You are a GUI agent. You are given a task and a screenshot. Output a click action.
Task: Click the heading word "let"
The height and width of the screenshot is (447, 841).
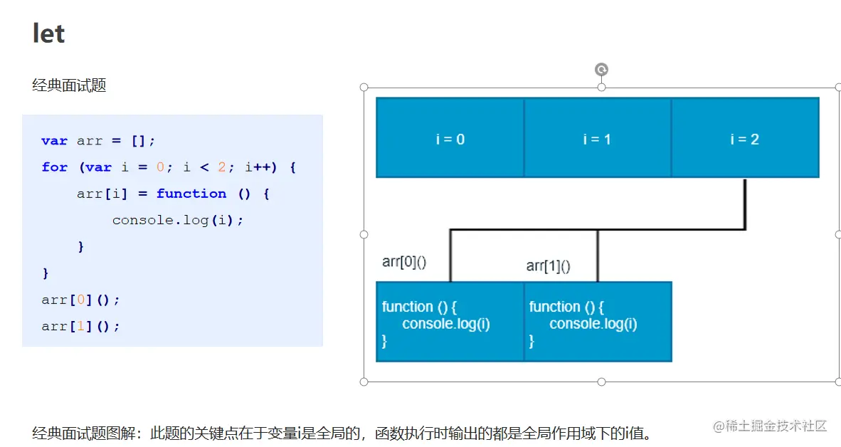coord(48,33)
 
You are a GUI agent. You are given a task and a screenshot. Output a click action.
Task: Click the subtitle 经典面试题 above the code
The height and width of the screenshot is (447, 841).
coord(69,85)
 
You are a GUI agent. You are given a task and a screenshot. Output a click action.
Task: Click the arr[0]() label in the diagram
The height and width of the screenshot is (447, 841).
coord(404,262)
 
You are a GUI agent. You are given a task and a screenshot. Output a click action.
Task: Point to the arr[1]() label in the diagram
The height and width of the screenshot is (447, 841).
coord(548,266)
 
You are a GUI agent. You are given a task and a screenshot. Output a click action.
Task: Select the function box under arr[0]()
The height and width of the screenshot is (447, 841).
coord(450,322)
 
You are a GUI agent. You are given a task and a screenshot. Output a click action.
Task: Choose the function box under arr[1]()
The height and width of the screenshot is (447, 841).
coord(598,322)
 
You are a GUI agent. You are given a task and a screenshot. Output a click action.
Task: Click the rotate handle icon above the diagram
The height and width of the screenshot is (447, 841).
coord(601,69)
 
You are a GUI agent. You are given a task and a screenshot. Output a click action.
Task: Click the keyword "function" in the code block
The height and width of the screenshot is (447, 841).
coord(191,194)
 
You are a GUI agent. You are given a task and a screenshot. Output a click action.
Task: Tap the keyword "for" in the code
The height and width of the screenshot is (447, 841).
coord(55,167)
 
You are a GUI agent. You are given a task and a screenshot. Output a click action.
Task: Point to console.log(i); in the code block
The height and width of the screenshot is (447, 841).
coord(178,220)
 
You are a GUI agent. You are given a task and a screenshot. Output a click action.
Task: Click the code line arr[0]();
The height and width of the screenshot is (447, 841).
coord(80,300)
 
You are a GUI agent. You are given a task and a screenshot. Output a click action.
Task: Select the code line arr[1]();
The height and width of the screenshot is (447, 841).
coord(80,326)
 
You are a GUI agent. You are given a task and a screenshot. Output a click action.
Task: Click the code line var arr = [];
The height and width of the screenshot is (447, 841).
coord(98,141)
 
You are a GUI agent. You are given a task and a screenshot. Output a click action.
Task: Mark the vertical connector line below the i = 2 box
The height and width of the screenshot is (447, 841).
coord(745,204)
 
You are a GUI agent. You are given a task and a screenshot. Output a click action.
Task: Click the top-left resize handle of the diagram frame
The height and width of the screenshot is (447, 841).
coord(364,87)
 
